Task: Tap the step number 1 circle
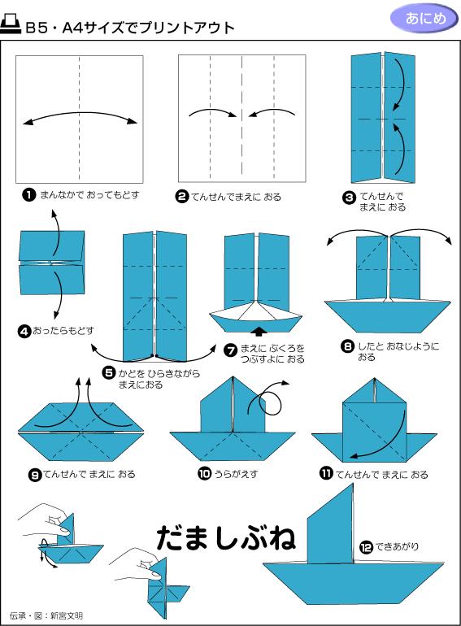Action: (29, 195)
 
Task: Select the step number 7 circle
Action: (230, 350)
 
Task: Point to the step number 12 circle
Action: (367, 546)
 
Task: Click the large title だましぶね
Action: (226, 537)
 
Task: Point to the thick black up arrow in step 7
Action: (258, 331)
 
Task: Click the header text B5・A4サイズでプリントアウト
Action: (130, 28)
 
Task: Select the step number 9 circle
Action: (35, 474)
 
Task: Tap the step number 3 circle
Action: (349, 196)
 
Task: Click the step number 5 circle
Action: (108, 372)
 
